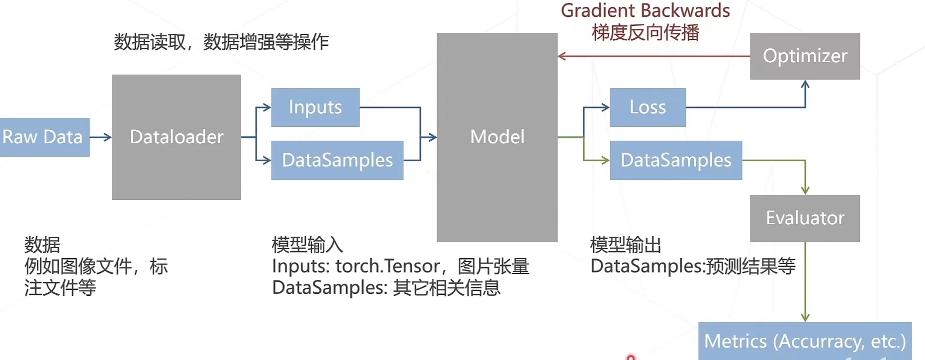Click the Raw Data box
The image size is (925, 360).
coord(44,137)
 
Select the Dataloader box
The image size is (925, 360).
coord(177,137)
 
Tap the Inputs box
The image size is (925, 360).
coord(315,107)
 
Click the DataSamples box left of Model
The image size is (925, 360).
coord(337,160)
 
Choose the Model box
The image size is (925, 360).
coord(497,137)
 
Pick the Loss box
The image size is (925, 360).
coord(647,107)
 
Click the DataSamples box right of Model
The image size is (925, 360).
coord(676,160)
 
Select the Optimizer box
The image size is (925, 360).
coord(805,56)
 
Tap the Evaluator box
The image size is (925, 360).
coord(805,218)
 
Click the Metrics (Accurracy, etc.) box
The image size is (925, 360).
coord(805,341)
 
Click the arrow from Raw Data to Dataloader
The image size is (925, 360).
coord(100,137)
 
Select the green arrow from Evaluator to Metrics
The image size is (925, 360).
coord(805,281)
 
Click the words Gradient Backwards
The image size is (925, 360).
coord(645,10)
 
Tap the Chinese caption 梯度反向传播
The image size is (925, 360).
coord(645,33)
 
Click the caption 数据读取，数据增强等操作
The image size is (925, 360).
coord(221,42)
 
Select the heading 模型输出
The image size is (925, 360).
coord(626,245)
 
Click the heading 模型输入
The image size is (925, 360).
coord(307,245)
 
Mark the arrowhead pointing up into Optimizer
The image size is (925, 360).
coord(805,85)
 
